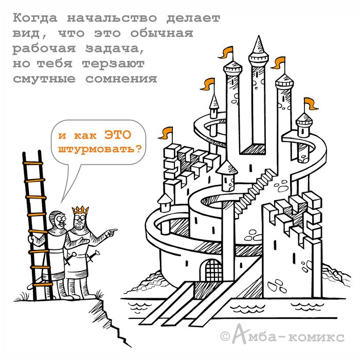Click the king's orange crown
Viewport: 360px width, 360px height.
80,210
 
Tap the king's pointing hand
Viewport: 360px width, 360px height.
111,232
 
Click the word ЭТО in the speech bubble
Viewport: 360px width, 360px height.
118,135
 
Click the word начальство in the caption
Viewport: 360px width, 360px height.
112,19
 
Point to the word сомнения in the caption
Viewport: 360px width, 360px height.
121,79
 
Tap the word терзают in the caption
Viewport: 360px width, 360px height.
113,64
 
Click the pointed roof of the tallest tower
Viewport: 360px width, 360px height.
259,46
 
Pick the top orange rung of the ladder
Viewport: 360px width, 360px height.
33,163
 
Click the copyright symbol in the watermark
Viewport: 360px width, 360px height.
225,336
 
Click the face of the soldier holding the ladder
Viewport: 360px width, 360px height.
60,221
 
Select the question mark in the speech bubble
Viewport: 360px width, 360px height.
138,149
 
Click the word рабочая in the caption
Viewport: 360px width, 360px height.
44,49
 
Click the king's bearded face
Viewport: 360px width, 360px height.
79,221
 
